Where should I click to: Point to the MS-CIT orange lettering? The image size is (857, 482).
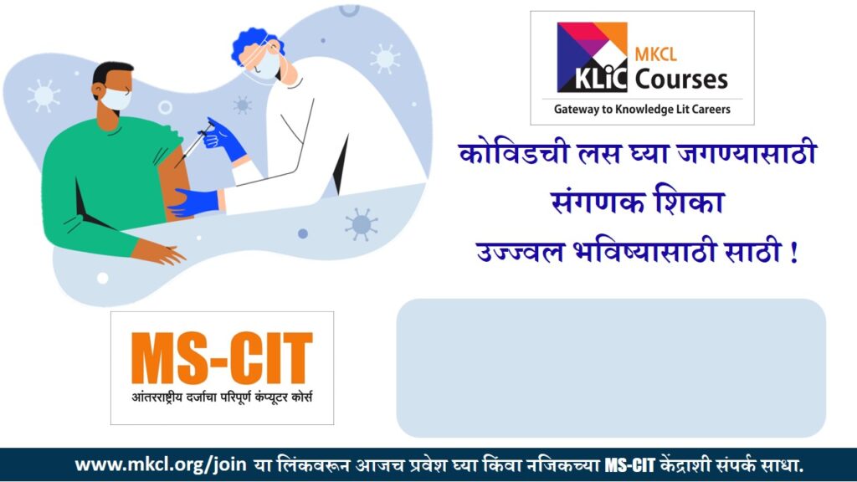point(222,358)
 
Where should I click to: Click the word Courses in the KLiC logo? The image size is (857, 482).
point(680,79)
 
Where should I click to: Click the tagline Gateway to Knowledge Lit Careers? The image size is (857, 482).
point(642,109)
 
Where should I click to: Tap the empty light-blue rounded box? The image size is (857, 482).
point(611,367)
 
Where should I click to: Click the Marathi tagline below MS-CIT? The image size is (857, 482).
point(222,395)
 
